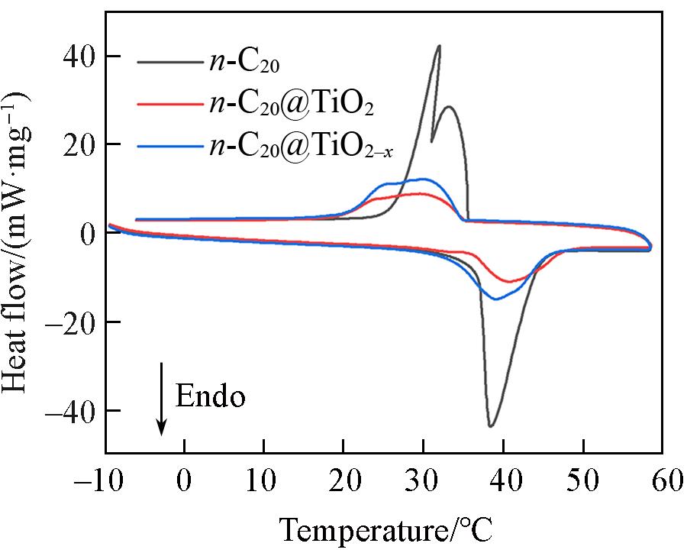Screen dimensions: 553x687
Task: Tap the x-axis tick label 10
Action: (264, 482)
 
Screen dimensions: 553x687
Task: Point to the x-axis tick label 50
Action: (583, 482)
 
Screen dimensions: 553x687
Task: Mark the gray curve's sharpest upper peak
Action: (439, 46)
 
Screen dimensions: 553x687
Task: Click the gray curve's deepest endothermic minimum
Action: (491, 426)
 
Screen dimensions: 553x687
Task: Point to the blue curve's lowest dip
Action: (496, 299)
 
